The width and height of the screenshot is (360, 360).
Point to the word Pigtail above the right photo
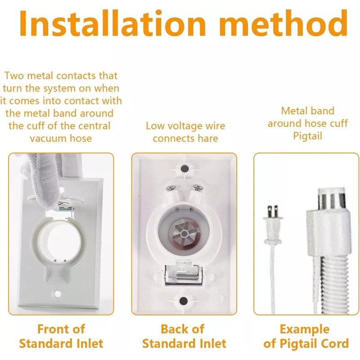click(307, 135)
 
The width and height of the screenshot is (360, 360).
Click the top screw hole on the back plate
click(184, 168)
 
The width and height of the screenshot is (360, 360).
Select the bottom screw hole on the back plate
click(184, 301)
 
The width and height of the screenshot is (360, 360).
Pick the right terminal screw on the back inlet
click(197, 187)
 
